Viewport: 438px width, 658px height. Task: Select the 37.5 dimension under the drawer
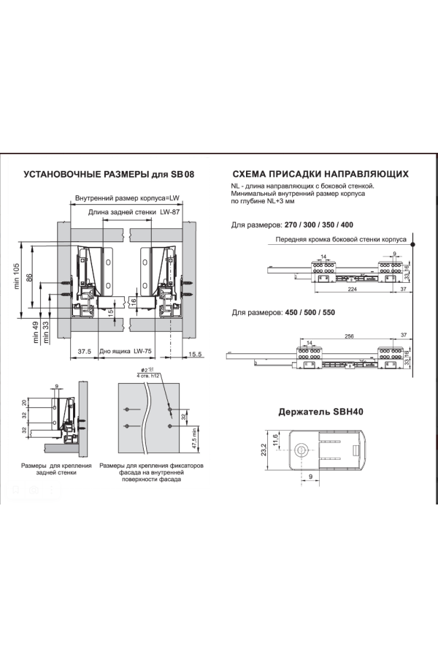tap(84, 352)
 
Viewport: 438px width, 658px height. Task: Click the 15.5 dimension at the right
tap(195, 354)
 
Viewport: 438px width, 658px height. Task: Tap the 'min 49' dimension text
tap(36, 333)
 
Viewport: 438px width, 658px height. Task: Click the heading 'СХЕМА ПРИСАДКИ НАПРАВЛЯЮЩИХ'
tap(320, 175)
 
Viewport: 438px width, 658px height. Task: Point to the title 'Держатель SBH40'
tap(320, 411)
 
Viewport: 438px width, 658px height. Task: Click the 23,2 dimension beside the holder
tap(264, 449)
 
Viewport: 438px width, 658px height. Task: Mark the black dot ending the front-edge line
tap(413, 245)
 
